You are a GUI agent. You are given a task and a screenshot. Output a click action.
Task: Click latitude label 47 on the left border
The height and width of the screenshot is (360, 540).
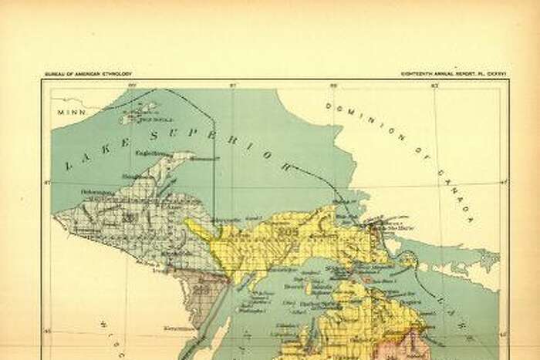46,183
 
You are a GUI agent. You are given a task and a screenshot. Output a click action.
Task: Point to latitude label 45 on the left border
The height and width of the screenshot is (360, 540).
46,333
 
